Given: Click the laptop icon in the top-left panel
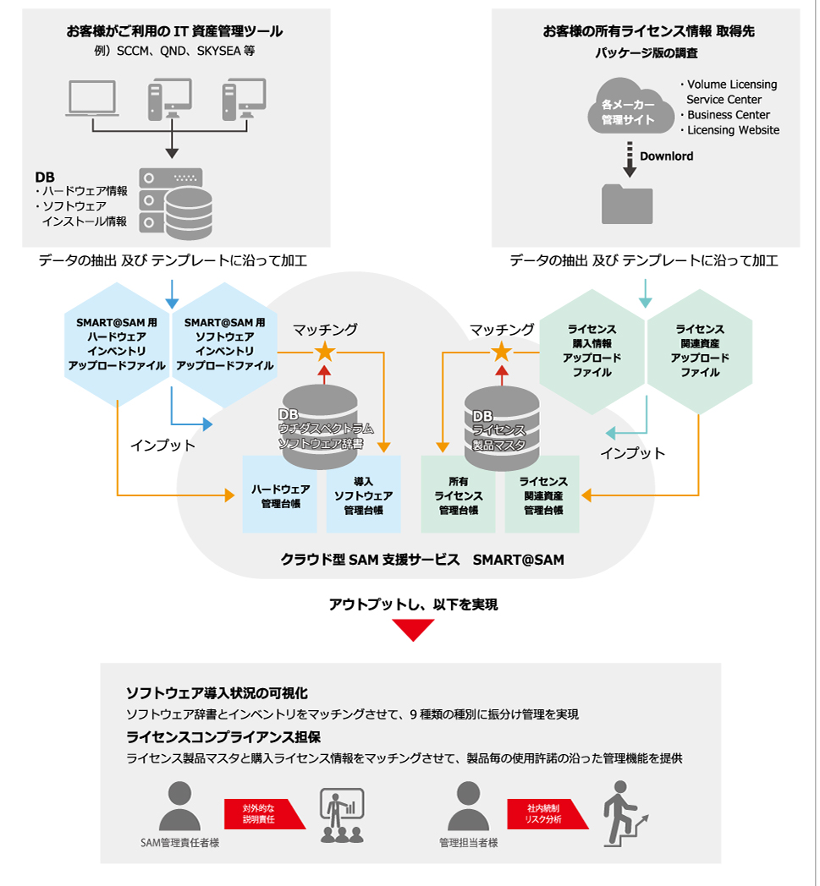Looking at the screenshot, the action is tap(92, 98).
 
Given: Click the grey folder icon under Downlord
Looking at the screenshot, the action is tap(627, 204).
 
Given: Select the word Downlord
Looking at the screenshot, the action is tap(666, 156).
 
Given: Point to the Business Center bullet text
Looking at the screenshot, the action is tap(729, 115).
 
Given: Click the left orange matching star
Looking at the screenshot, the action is tap(325, 352).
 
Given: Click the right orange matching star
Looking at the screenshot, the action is tap(501, 352).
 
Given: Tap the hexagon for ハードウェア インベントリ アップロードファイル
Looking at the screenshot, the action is tap(117, 344).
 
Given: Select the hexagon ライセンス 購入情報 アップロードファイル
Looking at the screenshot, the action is tap(592, 351).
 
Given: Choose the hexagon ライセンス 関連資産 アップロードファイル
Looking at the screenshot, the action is tap(700, 351).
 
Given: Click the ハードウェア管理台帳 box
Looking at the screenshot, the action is tap(280, 495).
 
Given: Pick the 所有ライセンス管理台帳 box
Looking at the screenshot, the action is tap(458, 495).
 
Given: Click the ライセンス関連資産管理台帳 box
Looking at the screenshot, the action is tap(542, 495).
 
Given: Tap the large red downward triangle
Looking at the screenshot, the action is tap(414, 628).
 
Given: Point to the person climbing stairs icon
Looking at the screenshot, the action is tap(625, 813).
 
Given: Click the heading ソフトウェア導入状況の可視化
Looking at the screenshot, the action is tap(217, 693).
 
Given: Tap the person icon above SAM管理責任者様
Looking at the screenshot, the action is tap(180, 806).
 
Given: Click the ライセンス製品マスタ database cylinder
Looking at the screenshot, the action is tap(502, 428).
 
